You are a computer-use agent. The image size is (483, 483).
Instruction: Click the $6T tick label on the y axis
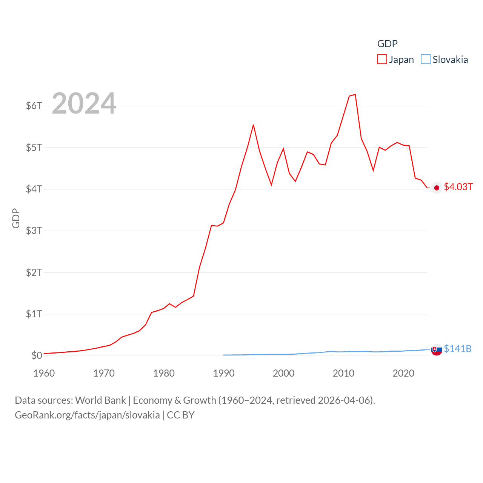(34, 106)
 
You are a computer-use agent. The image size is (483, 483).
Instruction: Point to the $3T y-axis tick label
(34, 231)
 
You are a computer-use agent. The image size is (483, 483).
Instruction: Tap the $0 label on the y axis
(37, 355)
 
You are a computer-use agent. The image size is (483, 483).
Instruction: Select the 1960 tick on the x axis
(44, 373)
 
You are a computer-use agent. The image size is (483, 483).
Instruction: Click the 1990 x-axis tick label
(224, 373)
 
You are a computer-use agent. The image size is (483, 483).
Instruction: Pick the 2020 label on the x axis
(403, 373)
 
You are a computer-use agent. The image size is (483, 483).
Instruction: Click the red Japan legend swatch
(382, 60)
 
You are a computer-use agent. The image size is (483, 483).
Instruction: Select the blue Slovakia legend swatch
(426, 60)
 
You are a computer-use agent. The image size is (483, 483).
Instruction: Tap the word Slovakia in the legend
(450, 60)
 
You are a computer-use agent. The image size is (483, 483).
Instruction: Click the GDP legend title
(388, 44)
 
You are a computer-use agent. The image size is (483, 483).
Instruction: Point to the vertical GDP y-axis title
(16, 218)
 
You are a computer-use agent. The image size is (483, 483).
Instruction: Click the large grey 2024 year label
(84, 103)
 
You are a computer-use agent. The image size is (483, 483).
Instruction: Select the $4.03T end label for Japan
(458, 187)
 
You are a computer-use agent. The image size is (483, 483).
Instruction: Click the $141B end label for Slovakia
(458, 349)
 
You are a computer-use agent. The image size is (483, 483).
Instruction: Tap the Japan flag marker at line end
(437, 188)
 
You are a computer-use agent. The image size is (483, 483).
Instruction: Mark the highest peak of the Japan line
(355, 94)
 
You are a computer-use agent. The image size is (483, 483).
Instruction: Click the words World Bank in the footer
(101, 400)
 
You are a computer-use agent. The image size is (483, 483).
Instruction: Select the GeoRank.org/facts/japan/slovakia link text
(87, 415)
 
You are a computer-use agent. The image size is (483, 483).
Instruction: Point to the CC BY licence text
(181, 415)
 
